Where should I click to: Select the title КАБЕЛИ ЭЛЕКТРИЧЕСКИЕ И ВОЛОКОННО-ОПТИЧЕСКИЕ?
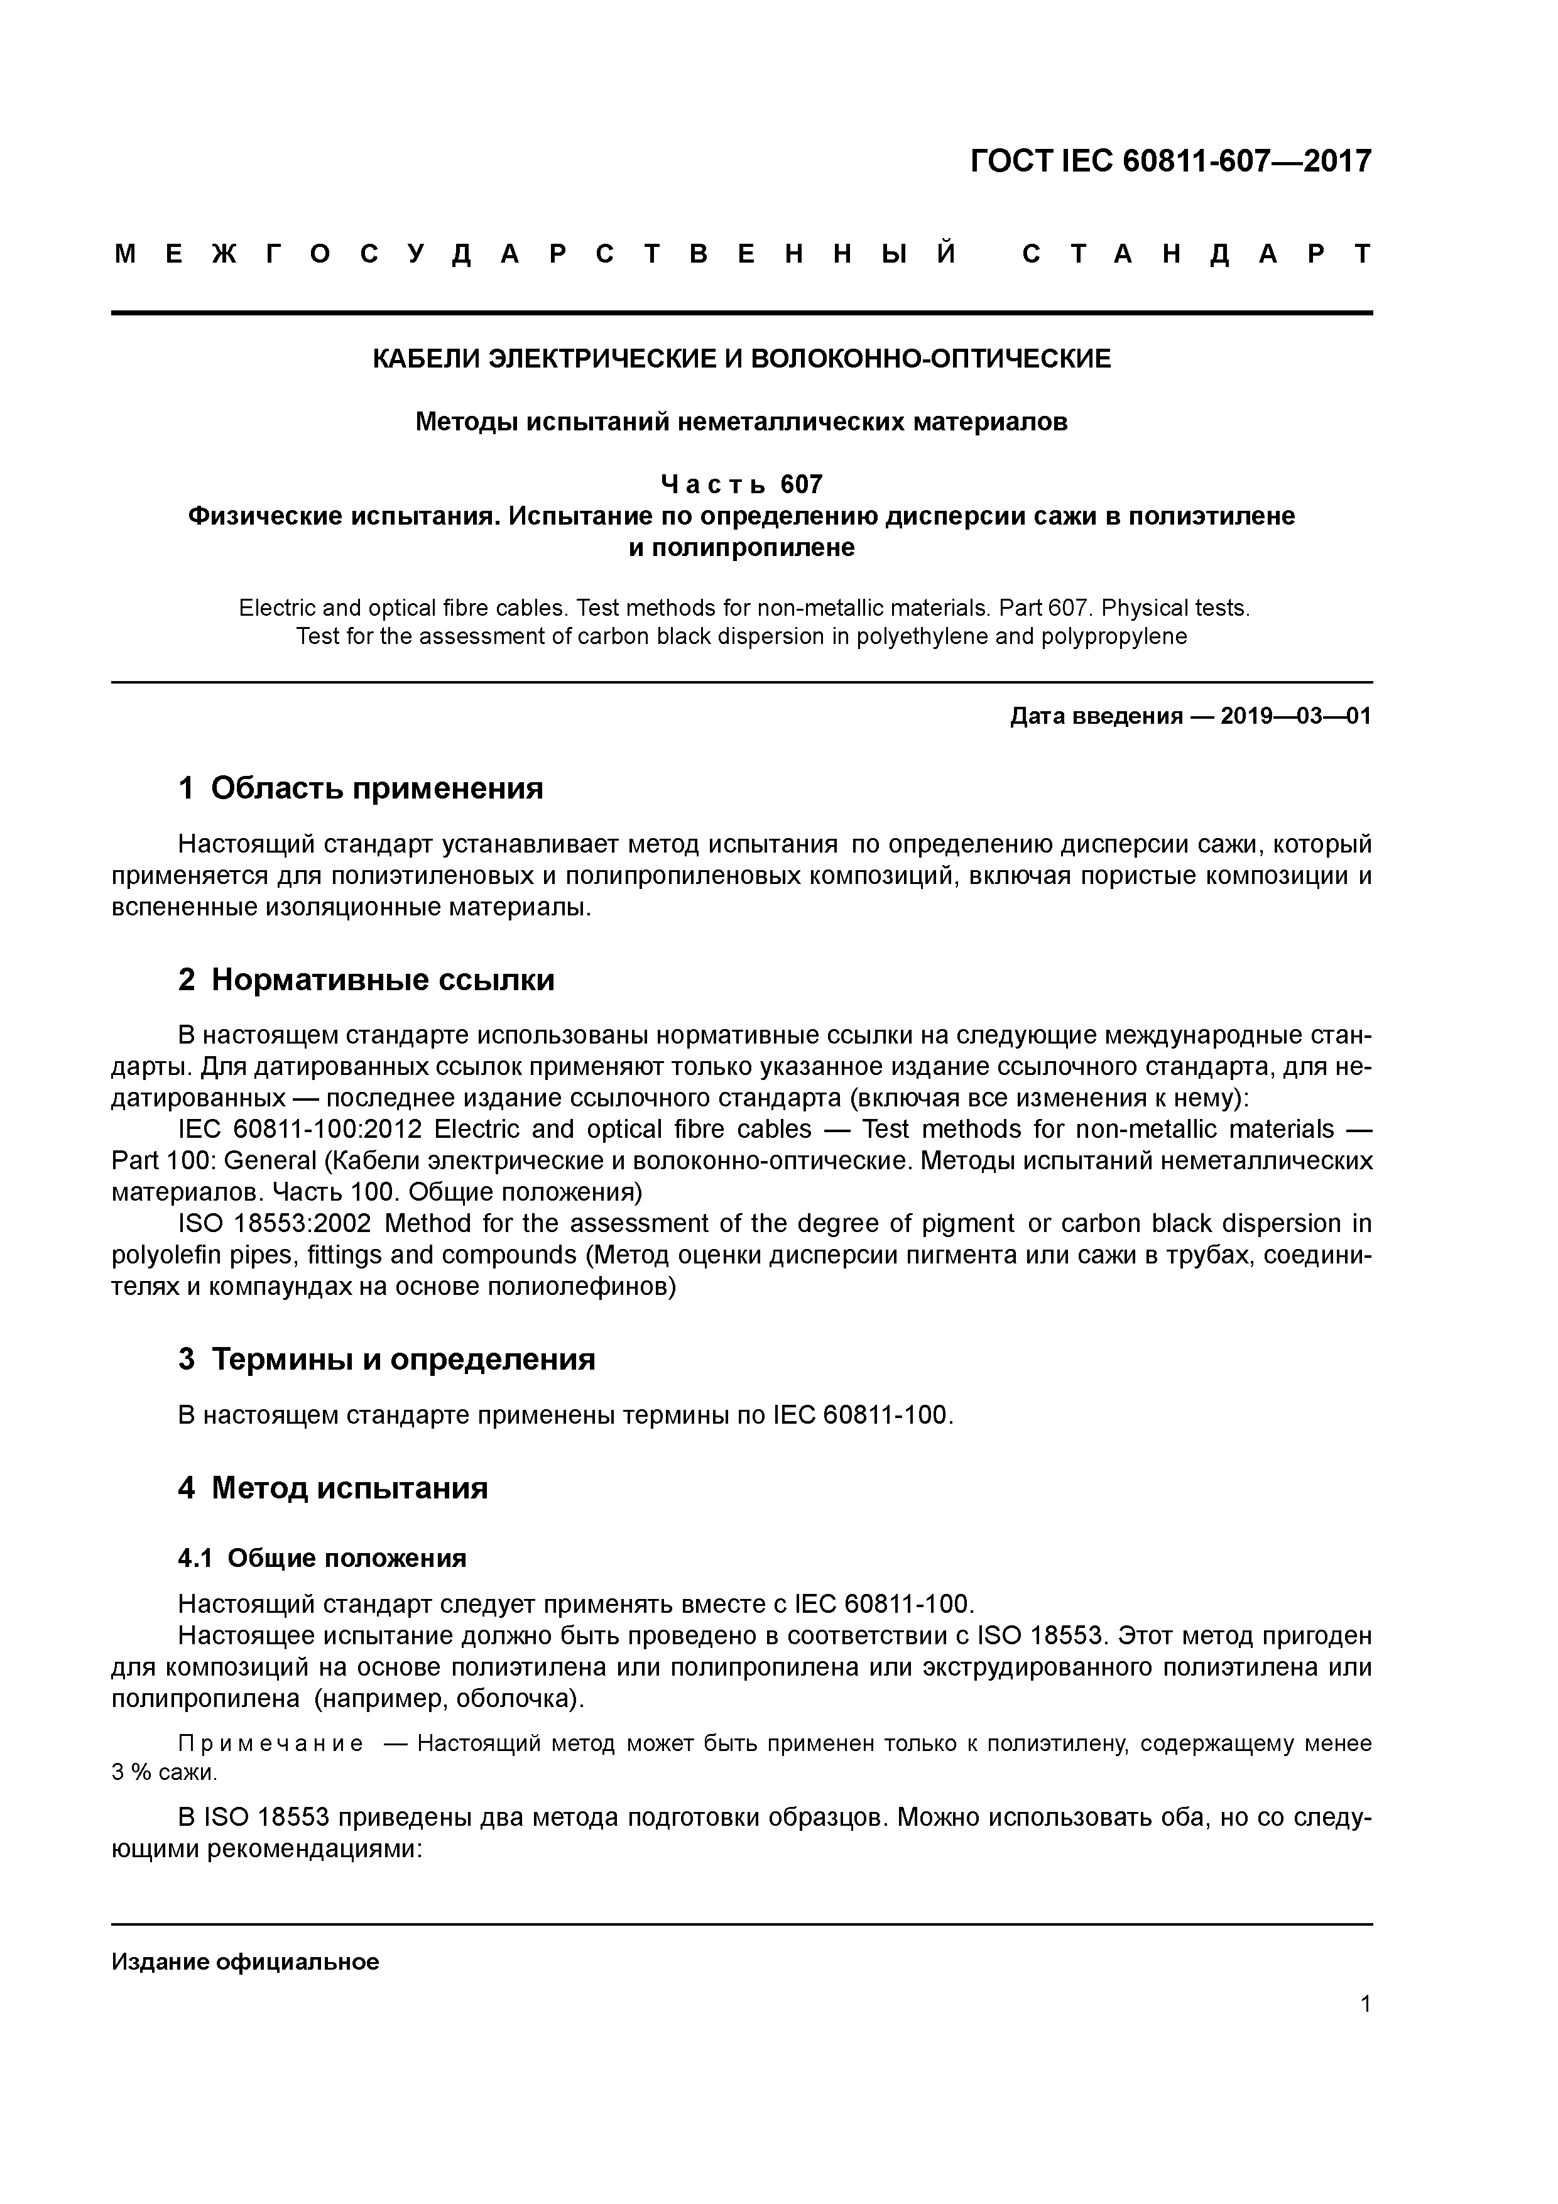[x=741, y=359]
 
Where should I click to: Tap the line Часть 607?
[x=741, y=484]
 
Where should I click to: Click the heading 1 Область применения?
[x=361, y=788]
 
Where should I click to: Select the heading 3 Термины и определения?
[x=387, y=1359]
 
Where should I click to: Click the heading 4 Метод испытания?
[x=333, y=1488]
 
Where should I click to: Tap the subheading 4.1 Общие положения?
[x=322, y=1558]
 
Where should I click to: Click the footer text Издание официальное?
[x=246, y=1962]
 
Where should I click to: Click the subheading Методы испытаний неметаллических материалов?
[x=741, y=422]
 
